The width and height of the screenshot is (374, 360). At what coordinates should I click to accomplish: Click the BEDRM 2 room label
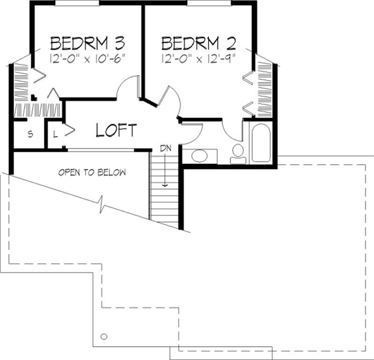pos(198,43)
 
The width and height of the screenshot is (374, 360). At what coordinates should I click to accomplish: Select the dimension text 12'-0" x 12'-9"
pos(198,59)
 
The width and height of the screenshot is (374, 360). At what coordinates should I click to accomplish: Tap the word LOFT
pos(116,130)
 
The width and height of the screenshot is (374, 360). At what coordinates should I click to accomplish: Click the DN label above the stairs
pos(165,148)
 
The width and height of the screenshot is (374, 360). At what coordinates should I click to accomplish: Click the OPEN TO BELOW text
pos(92,172)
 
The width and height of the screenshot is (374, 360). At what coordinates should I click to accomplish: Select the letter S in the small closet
pos(30,134)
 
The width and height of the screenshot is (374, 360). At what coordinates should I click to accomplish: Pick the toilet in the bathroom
pos(238,153)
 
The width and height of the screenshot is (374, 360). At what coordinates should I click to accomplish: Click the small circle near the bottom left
pos(104,336)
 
